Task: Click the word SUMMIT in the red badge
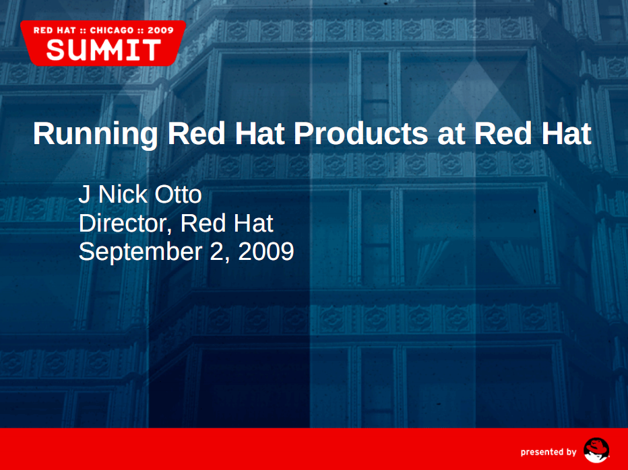[x=103, y=50]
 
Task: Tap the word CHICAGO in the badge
[x=112, y=30]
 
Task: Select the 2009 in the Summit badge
[x=160, y=30]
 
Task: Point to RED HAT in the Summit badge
[x=55, y=30]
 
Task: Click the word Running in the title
[x=95, y=135]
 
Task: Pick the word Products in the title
[x=361, y=133]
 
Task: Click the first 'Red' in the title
[x=196, y=133]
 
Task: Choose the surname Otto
[x=178, y=194]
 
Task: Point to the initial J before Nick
[x=84, y=194]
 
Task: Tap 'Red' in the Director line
[x=203, y=223]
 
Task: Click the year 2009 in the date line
[x=266, y=251]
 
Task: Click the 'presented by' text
[x=548, y=452]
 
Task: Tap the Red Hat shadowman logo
[x=596, y=450]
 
